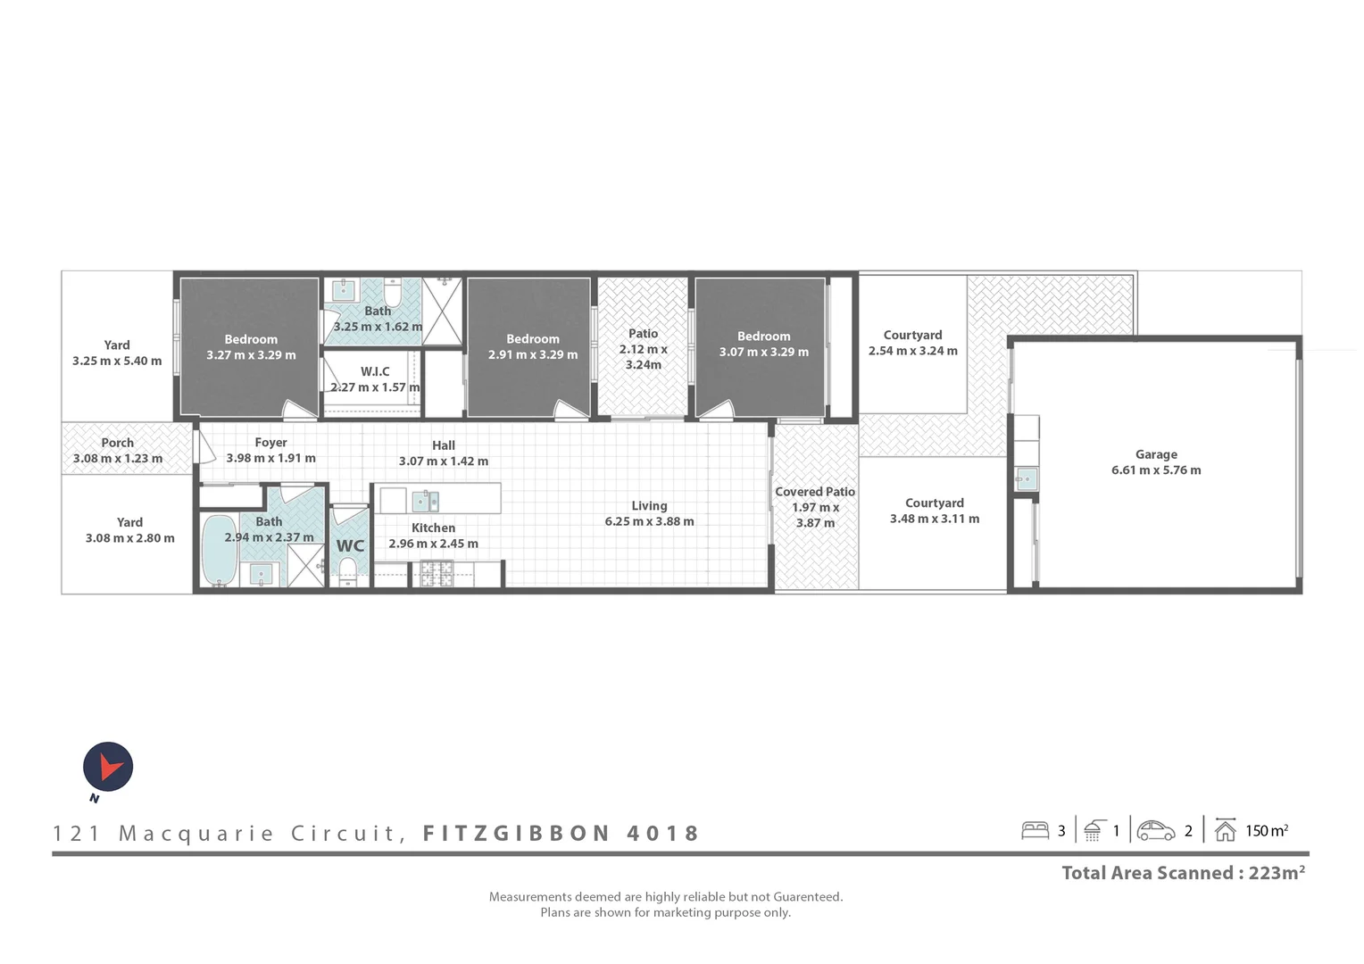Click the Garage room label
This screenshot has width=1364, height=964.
[x=1156, y=454]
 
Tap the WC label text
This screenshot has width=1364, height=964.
[x=350, y=545]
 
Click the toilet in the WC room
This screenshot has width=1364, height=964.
[x=348, y=570]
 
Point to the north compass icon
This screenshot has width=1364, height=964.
[x=108, y=768]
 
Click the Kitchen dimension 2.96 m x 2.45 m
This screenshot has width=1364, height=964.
[x=433, y=544]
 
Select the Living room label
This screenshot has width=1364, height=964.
[x=649, y=505]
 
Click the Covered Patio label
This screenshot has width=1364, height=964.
[x=815, y=492]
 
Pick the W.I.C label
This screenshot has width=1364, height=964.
[x=375, y=371]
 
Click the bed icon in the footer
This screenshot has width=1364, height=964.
[x=1035, y=830]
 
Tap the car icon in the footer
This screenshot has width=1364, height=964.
[x=1156, y=831]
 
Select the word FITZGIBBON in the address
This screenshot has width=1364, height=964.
[x=516, y=834]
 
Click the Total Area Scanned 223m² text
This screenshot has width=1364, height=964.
[x=1183, y=873]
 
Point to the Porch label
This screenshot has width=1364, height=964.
[x=118, y=443]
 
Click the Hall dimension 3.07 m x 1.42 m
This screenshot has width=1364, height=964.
[x=444, y=461]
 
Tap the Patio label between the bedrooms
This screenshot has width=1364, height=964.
[x=643, y=334]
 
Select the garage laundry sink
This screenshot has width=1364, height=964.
[x=1027, y=479]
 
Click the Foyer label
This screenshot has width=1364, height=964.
[x=270, y=443]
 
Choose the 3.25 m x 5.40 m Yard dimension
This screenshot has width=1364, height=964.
[x=117, y=361]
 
